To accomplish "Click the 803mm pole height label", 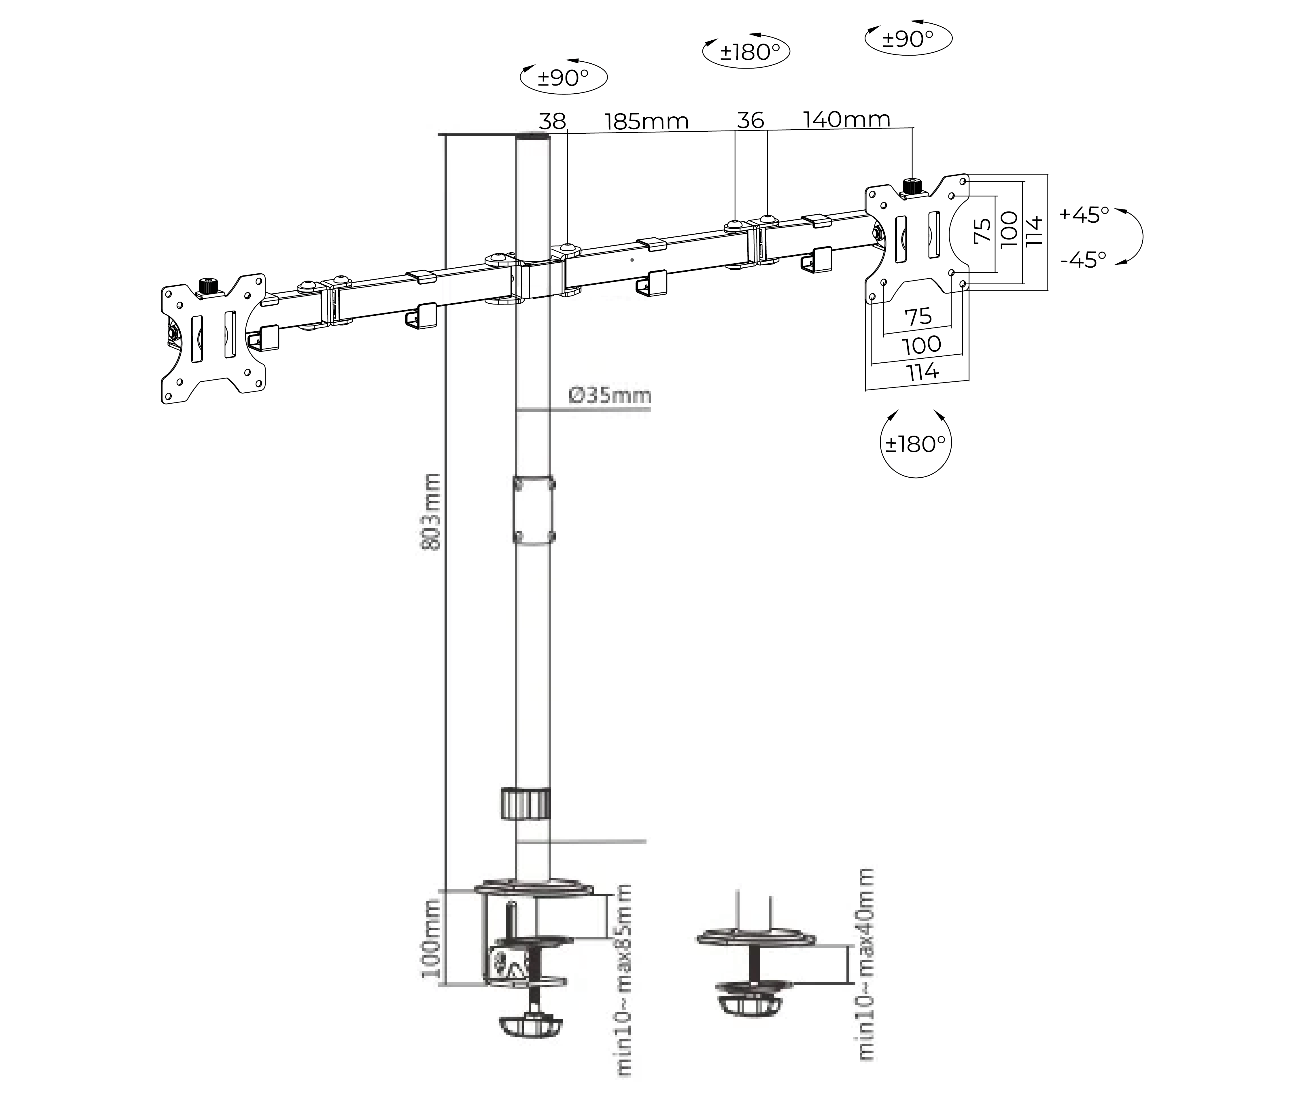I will click(431, 511).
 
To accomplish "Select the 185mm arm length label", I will click(647, 121).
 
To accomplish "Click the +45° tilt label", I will click(1084, 215).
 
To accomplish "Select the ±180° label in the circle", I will click(916, 444).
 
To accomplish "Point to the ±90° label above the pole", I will click(563, 78).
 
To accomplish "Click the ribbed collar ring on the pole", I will click(525, 804).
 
